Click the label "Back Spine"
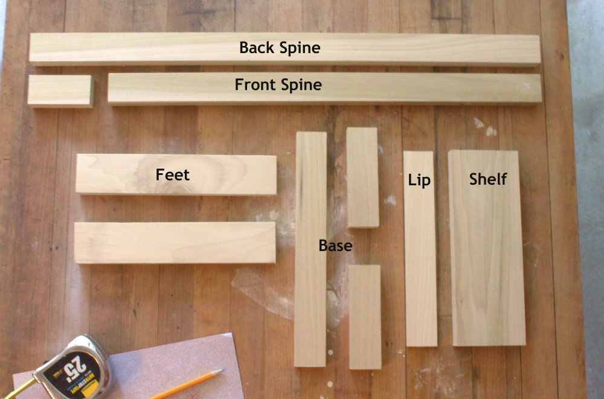280,48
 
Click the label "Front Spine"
278,85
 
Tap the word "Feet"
173,175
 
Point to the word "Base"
335,246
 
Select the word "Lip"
419,180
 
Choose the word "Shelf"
487,179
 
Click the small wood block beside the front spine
60,91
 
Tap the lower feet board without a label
175,243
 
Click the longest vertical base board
310,302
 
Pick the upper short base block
362,177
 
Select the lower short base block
365,317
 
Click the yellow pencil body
181,386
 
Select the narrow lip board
420,266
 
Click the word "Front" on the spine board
255,85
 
